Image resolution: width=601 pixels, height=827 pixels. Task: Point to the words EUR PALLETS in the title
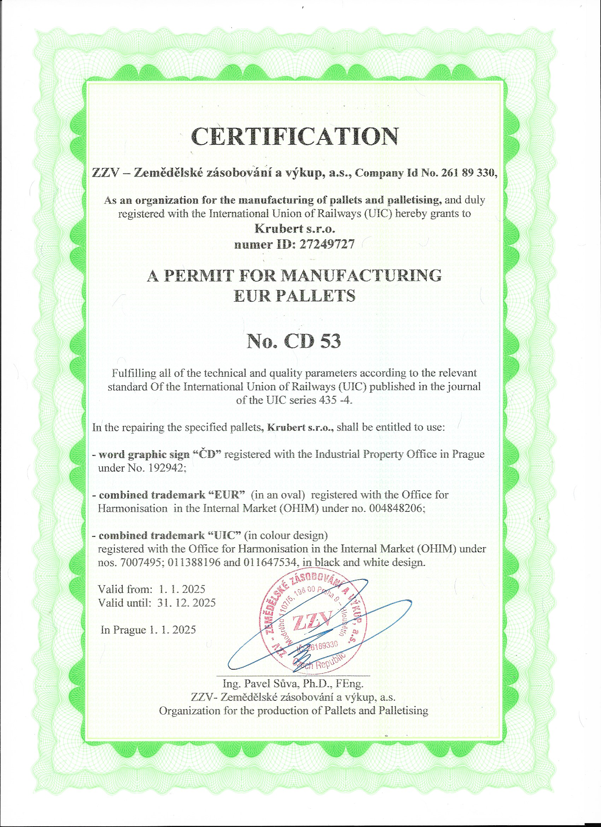tap(294, 295)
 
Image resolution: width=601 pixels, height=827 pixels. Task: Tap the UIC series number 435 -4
tap(334, 400)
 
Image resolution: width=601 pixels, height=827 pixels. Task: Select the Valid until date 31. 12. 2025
tap(187, 602)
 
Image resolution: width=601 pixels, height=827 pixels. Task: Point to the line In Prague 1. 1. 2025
tap(148, 630)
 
